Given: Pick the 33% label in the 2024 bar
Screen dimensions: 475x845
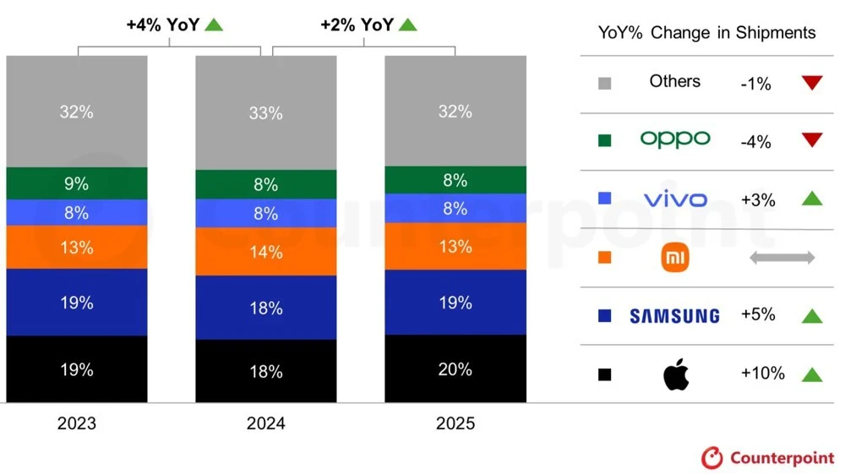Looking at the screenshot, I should [x=265, y=113].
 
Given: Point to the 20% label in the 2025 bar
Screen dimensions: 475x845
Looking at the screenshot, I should [x=455, y=369].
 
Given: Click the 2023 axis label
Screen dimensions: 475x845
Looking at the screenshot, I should [x=76, y=423].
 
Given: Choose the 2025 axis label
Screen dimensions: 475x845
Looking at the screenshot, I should [x=455, y=423].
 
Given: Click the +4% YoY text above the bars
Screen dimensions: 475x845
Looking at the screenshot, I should [x=162, y=25].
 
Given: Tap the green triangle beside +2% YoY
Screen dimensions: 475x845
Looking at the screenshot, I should [x=407, y=25].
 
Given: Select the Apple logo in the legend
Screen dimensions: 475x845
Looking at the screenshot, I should [x=675, y=374].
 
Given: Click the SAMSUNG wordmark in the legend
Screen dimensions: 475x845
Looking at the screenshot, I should [x=674, y=316].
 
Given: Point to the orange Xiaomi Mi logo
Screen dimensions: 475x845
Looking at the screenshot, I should [x=674, y=258].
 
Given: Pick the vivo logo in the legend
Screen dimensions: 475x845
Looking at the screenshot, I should [x=674, y=199].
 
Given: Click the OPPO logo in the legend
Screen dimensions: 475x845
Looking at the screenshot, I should [x=674, y=139].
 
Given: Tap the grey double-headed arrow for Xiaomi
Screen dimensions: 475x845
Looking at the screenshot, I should [x=782, y=258].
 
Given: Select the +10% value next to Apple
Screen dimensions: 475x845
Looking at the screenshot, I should [x=761, y=374].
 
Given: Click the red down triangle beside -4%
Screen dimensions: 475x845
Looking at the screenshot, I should [x=812, y=140].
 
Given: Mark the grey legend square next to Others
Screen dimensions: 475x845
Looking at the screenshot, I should [x=604, y=84].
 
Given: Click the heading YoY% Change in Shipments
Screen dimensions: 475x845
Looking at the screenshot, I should [x=706, y=33].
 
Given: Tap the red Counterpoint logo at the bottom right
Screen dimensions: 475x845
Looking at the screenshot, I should [x=712, y=457].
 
